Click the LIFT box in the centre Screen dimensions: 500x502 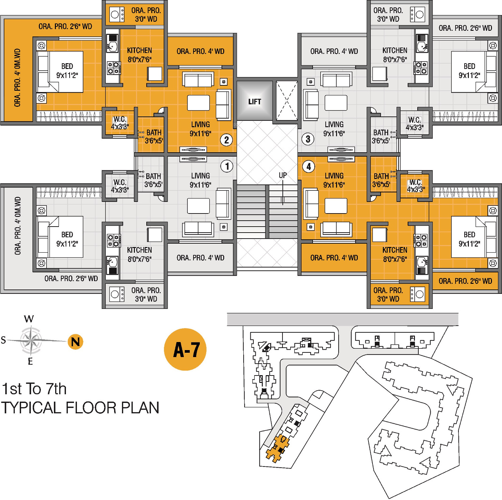point(254,101)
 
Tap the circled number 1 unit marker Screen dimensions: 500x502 point(227,166)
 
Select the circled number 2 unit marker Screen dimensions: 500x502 point(227,140)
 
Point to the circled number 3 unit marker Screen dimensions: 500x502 point(308,139)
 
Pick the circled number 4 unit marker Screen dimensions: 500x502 point(309,166)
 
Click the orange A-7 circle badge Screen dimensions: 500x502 point(185,349)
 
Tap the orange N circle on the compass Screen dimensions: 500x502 point(76,342)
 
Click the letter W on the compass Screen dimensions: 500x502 point(29,319)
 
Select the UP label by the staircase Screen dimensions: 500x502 point(283,175)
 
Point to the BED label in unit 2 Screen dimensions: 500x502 point(67,66)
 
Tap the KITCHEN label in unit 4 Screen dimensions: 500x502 point(395,250)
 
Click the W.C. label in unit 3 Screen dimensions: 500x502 point(414,120)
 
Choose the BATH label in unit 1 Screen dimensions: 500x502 point(153,176)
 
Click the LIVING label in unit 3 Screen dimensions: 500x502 point(334,124)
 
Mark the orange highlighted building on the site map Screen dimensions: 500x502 point(277,448)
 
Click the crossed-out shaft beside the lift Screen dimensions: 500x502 point(286,100)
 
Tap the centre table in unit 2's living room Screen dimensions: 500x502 point(198,103)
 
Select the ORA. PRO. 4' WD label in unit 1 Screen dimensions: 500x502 point(200,258)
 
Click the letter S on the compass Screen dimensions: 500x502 point(3,340)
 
